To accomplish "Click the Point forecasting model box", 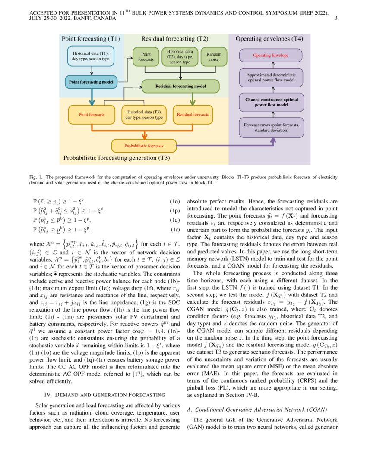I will (x=91, y=81).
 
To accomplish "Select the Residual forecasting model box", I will (x=180, y=86).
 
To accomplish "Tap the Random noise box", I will (x=214, y=56).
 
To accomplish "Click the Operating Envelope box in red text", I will (x=271, y=56).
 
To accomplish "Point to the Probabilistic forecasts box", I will (x=144, y=146).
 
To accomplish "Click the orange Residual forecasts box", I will (x=193, y=115).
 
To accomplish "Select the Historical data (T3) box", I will (x=144, y=115).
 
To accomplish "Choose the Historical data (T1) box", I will (x=91, y=56).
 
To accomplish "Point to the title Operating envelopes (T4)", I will (x=269, y=39).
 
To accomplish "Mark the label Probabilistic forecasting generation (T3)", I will (x=117, y=158).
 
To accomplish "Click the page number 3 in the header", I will (x=336, y=18).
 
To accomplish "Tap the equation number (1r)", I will (x=174, y=229).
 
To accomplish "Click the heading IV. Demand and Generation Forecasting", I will (x=105, y=394).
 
